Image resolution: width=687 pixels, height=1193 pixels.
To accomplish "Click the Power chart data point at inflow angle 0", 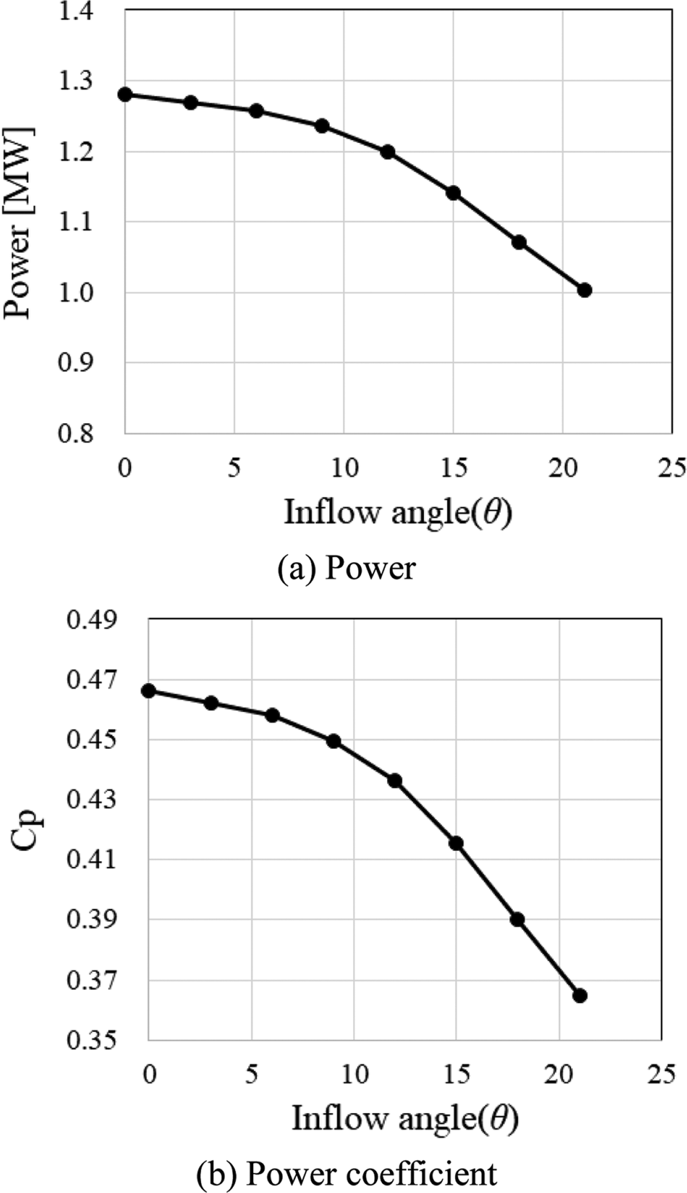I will click(x=125, y=95).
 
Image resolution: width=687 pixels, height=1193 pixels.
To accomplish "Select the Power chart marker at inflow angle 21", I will click(x=585, y=290).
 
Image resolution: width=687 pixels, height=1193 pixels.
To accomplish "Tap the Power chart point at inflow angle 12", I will click(x=388, y=152).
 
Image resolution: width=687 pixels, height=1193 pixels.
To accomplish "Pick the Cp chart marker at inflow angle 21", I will click(x=580, y=1007).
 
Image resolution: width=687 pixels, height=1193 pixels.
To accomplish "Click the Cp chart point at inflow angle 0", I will click(x=149, y=691).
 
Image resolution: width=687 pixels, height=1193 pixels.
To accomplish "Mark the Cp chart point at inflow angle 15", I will click(x=456, y=844).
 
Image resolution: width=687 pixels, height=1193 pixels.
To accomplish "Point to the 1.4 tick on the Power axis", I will click(x=75, y=11).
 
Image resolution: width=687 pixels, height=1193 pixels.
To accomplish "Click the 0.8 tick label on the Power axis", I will click(x=75, y=433).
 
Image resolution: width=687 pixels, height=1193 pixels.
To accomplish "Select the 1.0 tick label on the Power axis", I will click(x=75, y=293).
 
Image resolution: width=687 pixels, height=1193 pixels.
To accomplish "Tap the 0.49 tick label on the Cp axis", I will click(x=91, y=620).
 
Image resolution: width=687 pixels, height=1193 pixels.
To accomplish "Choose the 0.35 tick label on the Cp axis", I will click(x=91, y=1040).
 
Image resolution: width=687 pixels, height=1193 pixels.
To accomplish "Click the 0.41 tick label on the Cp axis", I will click(x=91, y=860).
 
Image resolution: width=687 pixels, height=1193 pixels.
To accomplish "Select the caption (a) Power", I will click(x=346, y=568).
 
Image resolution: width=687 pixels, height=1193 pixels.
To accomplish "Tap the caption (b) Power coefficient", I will click(x=346, y=1173).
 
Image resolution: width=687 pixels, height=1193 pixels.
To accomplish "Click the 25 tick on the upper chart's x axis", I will click(x=672, y=469).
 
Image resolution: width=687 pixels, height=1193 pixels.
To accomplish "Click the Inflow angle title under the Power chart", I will click(x=398, y=512).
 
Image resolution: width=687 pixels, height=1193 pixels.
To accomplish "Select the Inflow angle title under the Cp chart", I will click(x=405, y=1118).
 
